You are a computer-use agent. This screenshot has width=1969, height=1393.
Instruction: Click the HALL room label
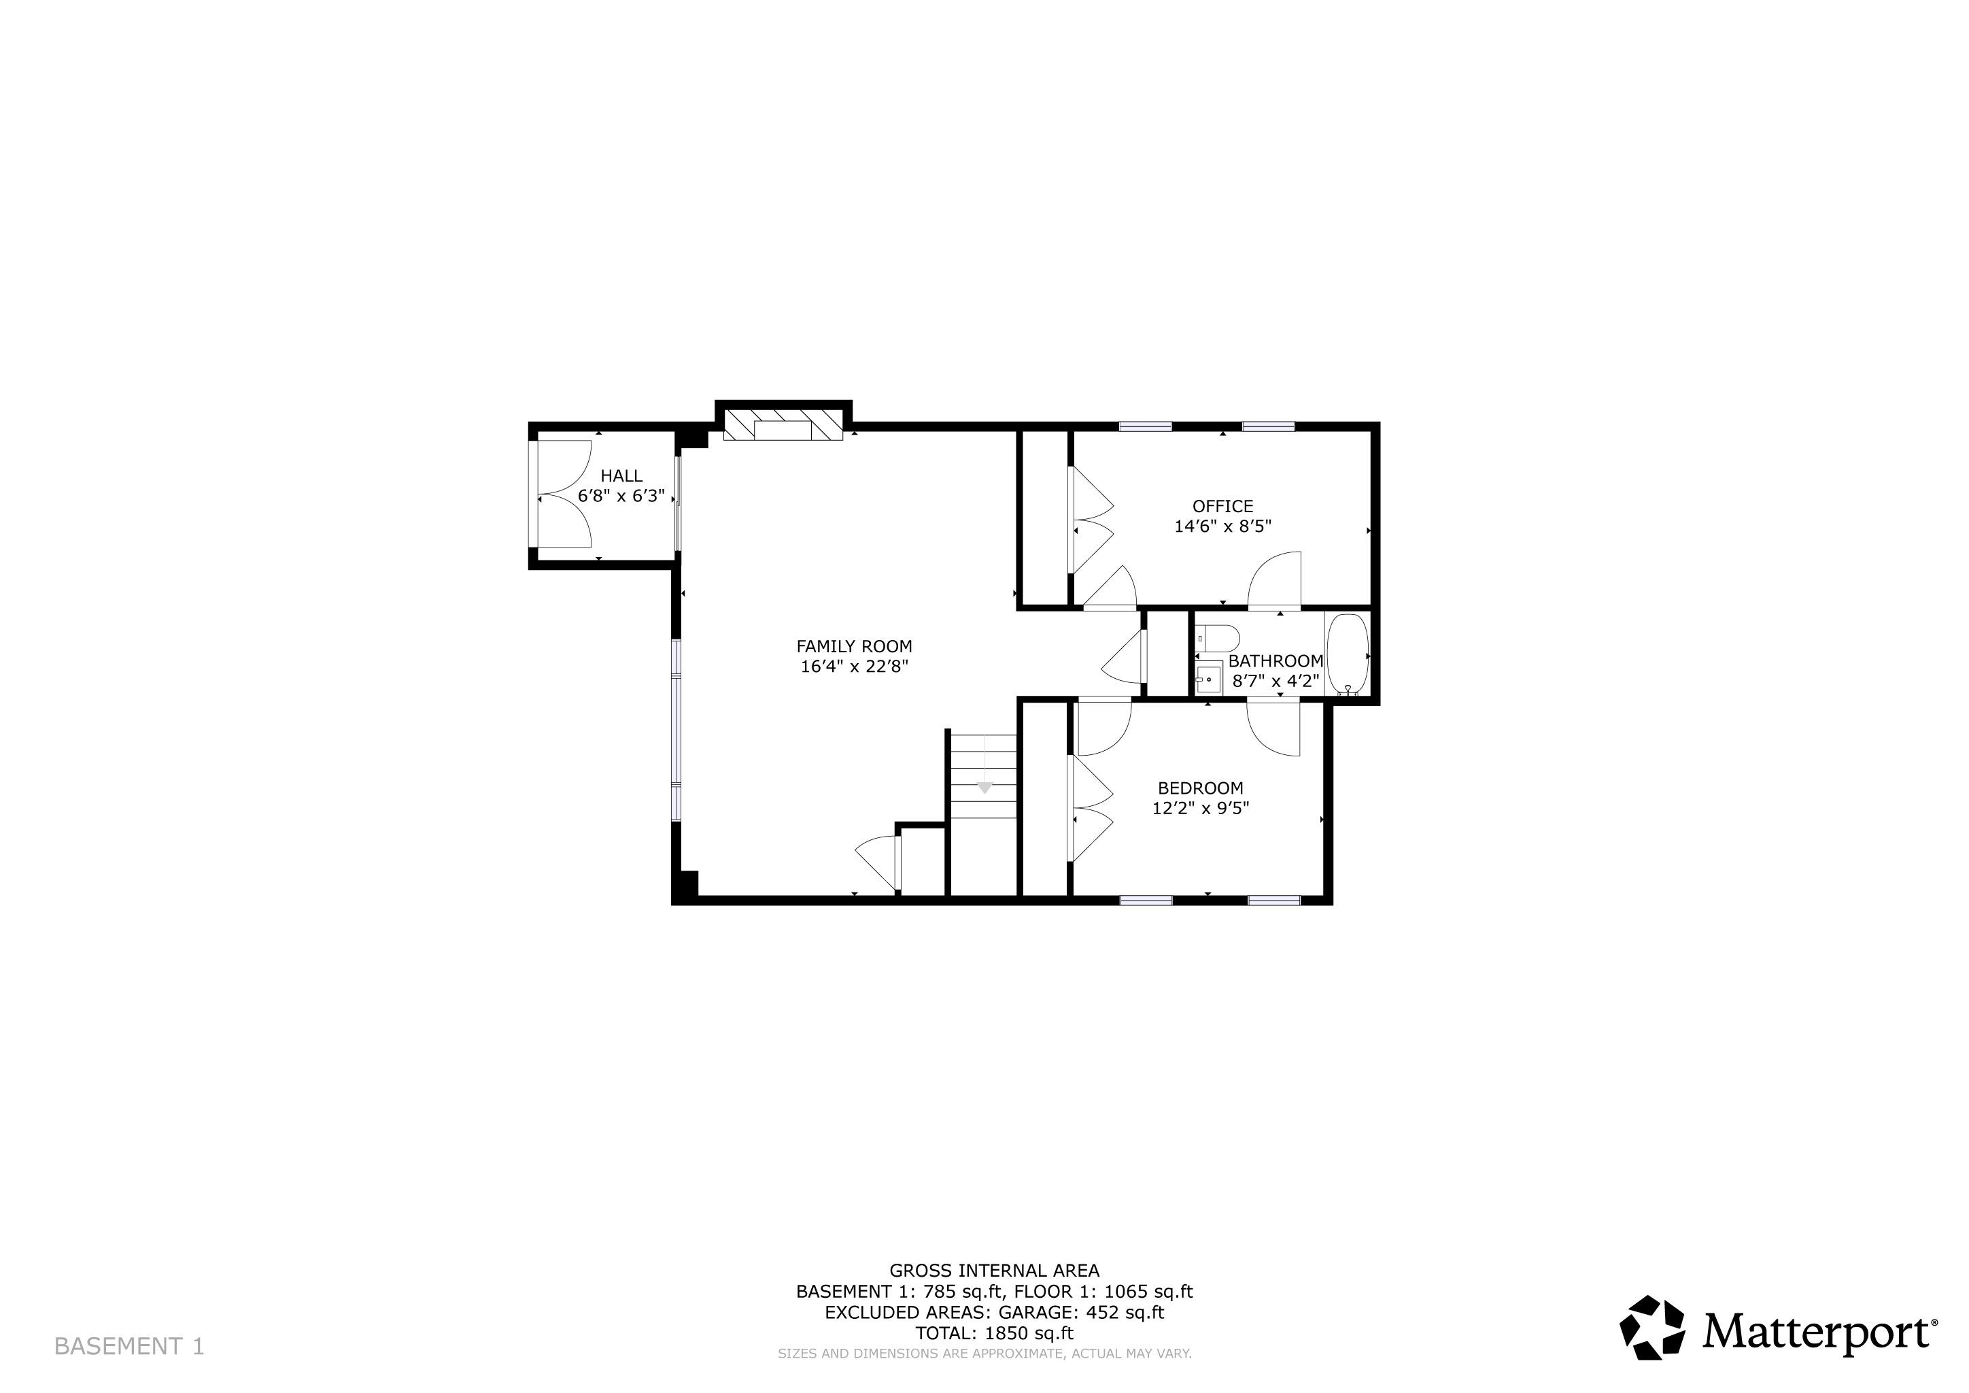tap(621, 476)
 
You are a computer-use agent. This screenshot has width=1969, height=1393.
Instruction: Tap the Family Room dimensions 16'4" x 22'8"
tap(853, 667)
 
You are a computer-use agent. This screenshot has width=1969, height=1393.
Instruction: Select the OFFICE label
tap(1222, 506)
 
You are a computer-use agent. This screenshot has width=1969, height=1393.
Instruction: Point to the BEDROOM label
tap(1200, 788)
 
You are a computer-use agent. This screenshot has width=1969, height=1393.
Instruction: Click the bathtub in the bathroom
tap(1348, 654)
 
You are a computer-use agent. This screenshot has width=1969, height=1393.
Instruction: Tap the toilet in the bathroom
tap(1220, 638)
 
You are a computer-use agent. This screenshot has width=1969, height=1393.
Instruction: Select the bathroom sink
tap(1208, 679)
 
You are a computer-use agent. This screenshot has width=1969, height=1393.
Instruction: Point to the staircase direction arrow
tap(984, 786)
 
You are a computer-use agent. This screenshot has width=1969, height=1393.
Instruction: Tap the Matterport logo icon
tap(1651, 1327)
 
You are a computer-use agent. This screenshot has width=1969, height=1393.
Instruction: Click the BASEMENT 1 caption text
tap(129, 1346)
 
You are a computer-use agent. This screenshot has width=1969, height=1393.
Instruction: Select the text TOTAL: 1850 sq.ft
tap(994, 1333)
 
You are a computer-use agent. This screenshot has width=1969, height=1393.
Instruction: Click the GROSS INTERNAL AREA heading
tap(994, 1271)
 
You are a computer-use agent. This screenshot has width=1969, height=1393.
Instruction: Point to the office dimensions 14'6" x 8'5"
tap(1222, 526)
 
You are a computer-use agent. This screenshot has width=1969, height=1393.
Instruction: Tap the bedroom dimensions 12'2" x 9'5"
tap(1200, 808)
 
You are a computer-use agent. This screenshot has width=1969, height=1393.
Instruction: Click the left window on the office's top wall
tap(1145, 426)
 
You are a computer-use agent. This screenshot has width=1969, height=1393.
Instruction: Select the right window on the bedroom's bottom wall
tap(1273, 900)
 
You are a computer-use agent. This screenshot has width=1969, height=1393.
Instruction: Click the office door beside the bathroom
tap(1275, 582)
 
